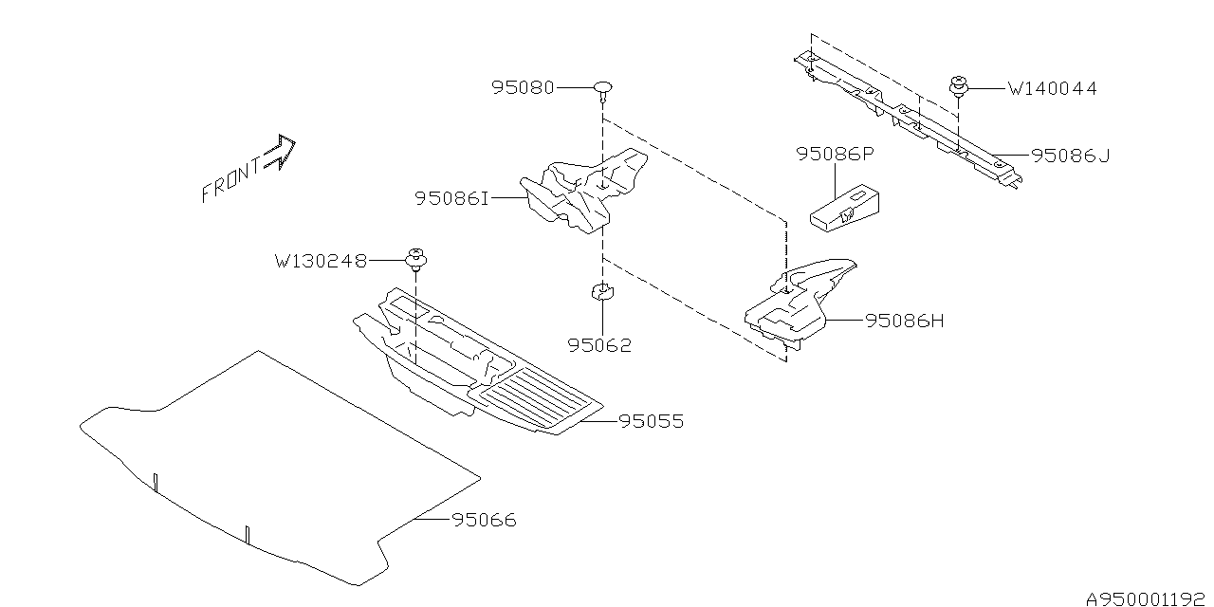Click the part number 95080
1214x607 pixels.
click(x=524, y=87)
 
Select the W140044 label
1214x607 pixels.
click(x=1052, y=89)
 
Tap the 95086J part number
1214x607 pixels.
click(x=1070, y=156)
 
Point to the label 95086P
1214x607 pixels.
click(x=834, y=154)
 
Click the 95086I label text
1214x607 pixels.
click(x=451, y=198)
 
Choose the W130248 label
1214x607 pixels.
click(x=321, y=260)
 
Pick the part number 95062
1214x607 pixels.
click(x=599, y=345)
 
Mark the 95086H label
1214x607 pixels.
click(x=905, y=321)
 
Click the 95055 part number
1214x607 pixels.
click(x=651, y=421)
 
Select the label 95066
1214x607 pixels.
click(x=484, y=521)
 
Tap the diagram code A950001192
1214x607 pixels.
click(x=1145, y=599)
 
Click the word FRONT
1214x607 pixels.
click(x=230, y=180)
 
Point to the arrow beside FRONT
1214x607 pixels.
click(x=282, y=151)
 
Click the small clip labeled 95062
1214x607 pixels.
click(x=600, y=291)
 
